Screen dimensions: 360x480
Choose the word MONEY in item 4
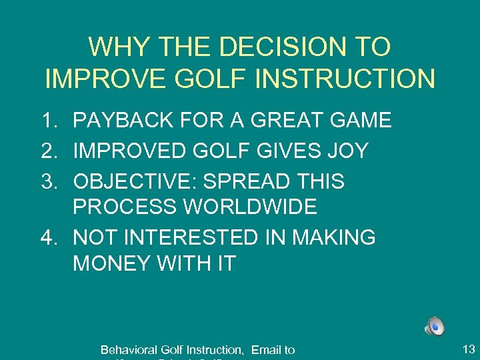111,263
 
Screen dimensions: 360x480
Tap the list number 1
47,121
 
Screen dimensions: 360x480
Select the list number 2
47,151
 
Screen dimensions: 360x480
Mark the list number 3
47,181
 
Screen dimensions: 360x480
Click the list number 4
47,237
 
